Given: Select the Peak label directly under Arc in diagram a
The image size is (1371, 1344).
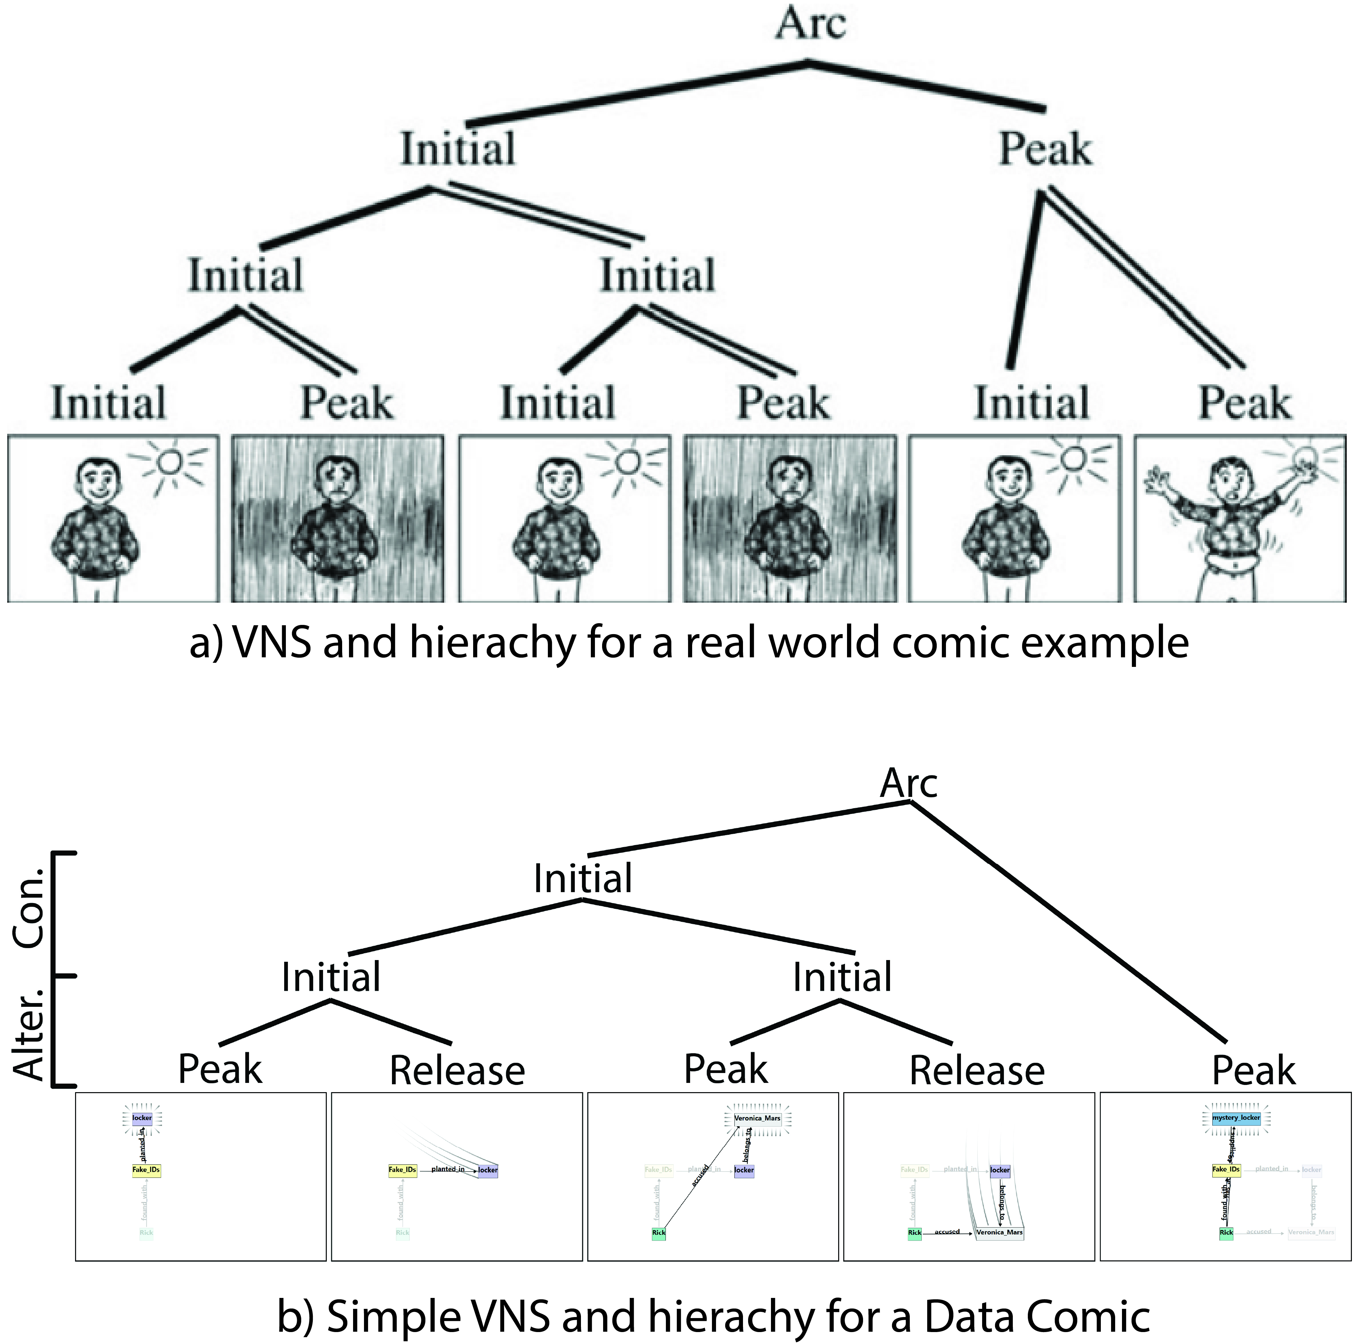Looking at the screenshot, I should pos(1045,149).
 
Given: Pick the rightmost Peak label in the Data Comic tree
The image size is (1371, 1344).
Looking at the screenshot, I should pos(1253,1070).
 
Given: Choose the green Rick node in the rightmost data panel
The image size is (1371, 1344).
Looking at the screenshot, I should pos(1226,1232).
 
